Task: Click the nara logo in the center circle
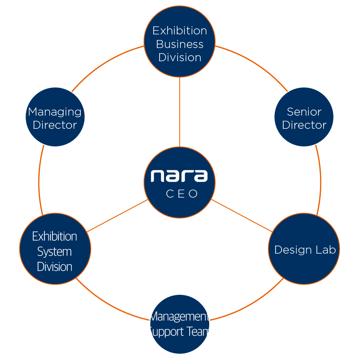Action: point(179,176)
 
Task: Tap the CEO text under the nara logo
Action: point(182,194)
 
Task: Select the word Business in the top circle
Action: point(180,44)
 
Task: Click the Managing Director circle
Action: point(55,117)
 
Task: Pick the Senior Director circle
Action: point(304,117)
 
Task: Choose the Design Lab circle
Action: point(304,249)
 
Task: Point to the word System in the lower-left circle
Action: point(54,252)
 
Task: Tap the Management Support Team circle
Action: point(180,324)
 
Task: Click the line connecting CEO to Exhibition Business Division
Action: point(180,112)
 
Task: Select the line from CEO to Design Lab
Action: point(242,216)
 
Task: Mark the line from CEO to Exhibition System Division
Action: point(117,216)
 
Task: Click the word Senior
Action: point(304,112)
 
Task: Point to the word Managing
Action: point(55,112)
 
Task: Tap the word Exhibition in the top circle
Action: point(180,31)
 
